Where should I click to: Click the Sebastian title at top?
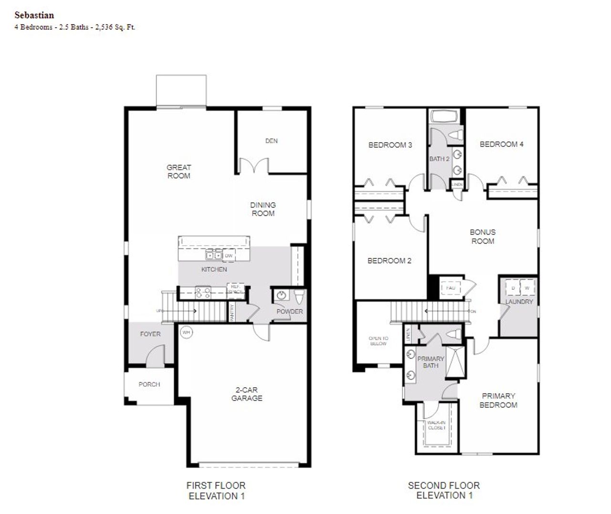[34, 15]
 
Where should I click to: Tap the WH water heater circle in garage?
[186, 332]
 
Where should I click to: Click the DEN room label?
[271, 141]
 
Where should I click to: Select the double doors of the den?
[253, 166]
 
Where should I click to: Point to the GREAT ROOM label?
[179, 172]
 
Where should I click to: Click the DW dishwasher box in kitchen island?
[229, 256]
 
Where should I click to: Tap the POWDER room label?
[289, 311]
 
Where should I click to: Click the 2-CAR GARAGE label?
[247, 394]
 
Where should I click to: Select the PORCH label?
[149, 384]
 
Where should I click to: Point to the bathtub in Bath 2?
[444, 116]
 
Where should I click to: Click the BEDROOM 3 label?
[390, 145]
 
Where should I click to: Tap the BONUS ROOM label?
[483, 236]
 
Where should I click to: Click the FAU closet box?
[451, 288]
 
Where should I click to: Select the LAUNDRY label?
[519, 302]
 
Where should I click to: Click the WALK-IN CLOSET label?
[436, 425]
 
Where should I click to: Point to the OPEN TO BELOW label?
[378, 340]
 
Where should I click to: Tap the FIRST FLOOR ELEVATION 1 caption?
[216, 491]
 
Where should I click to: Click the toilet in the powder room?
[299, 298]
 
